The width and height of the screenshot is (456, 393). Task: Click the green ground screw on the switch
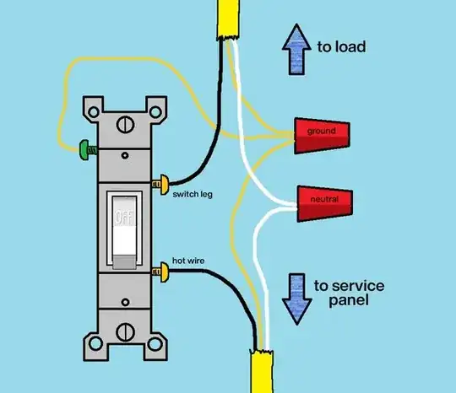coord(88,150)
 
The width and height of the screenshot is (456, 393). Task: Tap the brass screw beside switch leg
coord(160,185)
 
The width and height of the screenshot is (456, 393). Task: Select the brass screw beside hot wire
coord(160,272)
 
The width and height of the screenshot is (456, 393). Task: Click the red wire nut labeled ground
coord(322,136)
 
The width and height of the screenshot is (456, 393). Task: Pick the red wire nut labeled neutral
coord(325,204)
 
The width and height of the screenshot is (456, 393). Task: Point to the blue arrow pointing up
coord(296,50)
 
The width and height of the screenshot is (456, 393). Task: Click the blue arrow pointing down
coord(297,299)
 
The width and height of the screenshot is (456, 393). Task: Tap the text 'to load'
coord(341,47)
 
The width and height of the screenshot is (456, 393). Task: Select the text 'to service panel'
coord(349,293)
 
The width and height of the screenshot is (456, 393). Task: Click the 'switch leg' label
coord(193,194)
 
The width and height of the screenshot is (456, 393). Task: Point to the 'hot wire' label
coord(188,261)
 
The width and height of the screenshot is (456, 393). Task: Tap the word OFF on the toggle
coord(124,218)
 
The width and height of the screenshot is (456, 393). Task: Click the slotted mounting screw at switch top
coord(125,125)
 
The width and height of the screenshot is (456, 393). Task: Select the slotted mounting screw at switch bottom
coord(125,332)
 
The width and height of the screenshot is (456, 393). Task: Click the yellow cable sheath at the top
coord(228,19)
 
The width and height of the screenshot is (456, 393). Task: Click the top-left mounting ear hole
coord(94,112)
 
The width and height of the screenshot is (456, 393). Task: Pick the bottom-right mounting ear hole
coord(155,344)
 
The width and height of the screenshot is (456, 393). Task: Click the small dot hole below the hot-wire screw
coord(125,303)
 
